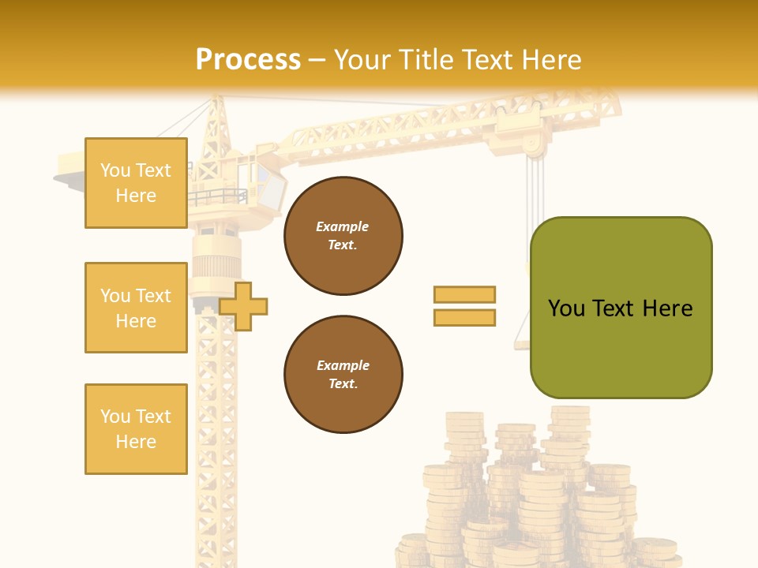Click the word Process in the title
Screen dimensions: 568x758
[x=248, y=60]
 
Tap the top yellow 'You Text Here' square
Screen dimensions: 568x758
[x=136, y=183]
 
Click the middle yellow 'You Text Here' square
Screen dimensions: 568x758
[x=136, y=308]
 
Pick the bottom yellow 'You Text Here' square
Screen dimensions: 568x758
[x=136, y=429]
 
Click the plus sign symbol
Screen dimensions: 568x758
[x=243, y=306]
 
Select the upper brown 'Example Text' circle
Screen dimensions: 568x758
[x=343, y=236]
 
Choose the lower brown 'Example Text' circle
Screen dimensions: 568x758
[x=343, y=375]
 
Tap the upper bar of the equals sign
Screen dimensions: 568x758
[x=464, y=294]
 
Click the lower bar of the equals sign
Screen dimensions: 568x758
[x=464, y=317]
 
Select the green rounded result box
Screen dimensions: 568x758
[x=621, y=308]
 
